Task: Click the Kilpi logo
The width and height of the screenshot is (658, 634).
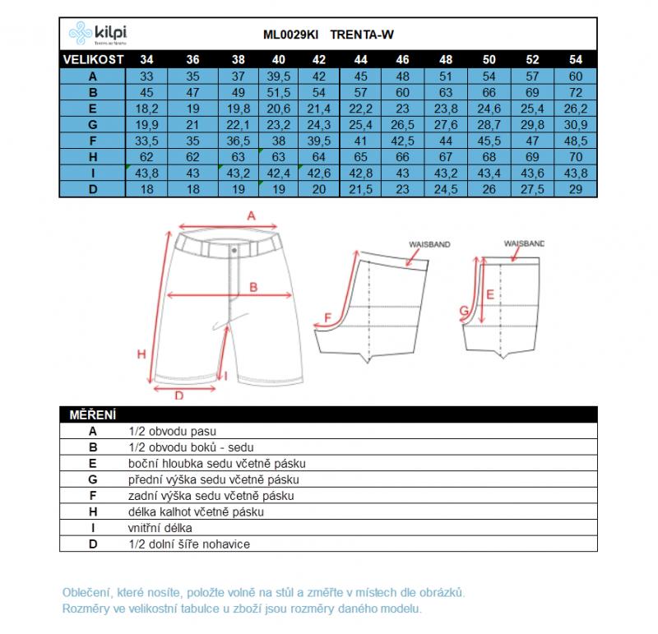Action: [x=98, y=34]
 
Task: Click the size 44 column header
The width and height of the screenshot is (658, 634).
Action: [x=360, y=60]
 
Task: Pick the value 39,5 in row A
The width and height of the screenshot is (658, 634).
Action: [x=279, y=76]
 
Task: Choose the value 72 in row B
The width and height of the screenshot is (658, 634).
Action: [x=576, y=93]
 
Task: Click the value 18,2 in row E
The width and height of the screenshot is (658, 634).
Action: [x=146, y=109]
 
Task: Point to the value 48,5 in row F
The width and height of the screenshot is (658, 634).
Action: [x=576, y=141]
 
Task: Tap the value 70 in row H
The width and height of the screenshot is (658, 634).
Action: [x=576, y=157]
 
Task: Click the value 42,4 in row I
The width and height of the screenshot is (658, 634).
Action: [x=279, y=173]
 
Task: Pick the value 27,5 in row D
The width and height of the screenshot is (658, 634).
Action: [x=533, y=189]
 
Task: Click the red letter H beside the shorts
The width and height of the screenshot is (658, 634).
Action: [x=141, y=354]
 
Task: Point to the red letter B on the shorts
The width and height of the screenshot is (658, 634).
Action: [x=253, y=287]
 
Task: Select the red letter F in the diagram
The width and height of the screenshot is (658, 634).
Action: [x=327, y=318]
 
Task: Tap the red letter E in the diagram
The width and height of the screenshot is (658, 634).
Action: [x=489, y=294]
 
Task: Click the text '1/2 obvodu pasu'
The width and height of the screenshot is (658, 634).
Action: [x=172, y=431]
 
